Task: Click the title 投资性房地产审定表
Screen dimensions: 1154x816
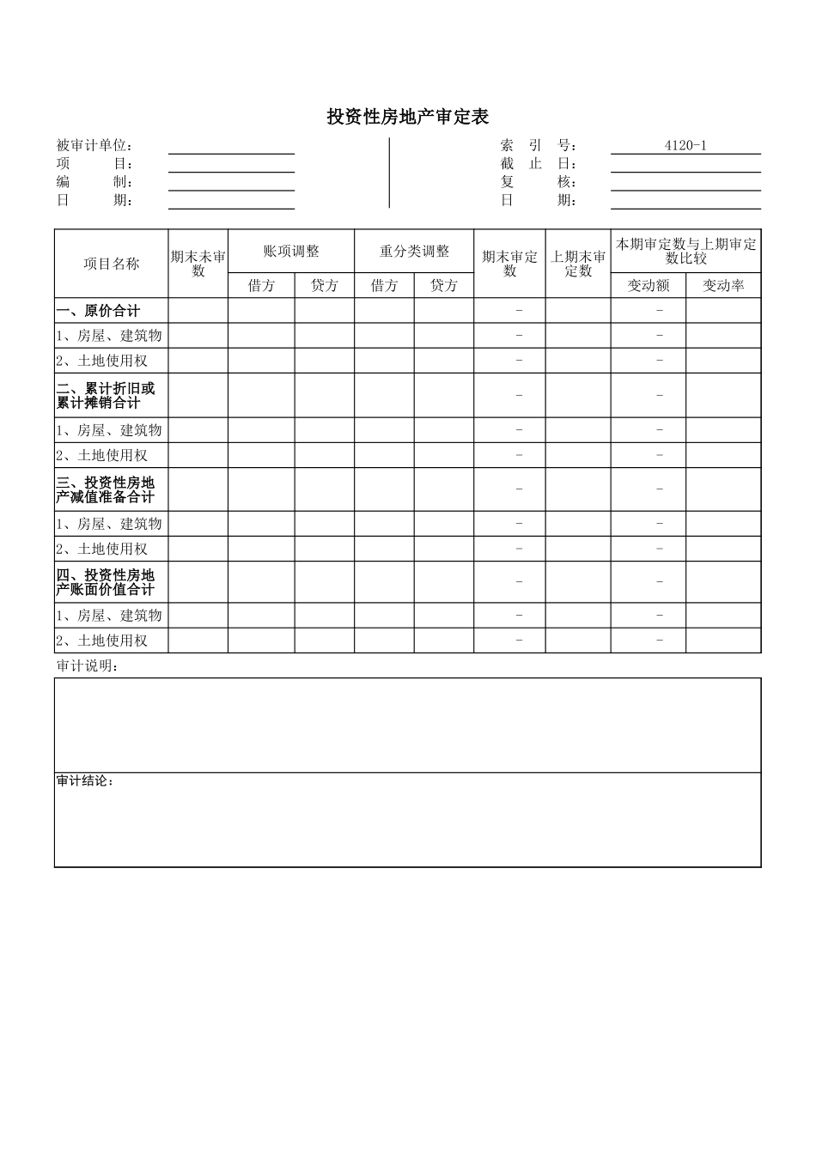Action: click(x=407, y=117)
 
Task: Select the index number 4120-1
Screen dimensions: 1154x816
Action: click(x=685, y=145)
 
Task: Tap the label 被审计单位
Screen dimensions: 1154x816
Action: click(x=95, y=146)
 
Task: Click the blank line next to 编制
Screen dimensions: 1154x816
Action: click(x=231, y=182)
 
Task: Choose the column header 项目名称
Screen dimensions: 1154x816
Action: click(x=111, y=264)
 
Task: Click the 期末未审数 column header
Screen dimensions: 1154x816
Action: click(x=198, y=264)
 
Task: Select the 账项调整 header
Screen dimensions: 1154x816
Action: click(x=291, y=252)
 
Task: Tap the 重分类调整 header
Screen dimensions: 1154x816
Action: click(x=414, y=252)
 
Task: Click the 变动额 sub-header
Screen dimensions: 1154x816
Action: click(x=648, y=286)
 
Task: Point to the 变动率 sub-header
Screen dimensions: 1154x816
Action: click(x=723, y=286)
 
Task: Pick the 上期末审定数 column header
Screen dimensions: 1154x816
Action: click(x=578, y=264)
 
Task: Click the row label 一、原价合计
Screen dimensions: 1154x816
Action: click(x=98, y=311)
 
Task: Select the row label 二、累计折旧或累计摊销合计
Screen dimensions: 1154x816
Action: click(x=106, y=395)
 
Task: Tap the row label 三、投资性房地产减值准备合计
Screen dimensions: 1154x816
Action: click(x=106, y=489)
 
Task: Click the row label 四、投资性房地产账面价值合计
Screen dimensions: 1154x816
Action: click(x=106, y=582)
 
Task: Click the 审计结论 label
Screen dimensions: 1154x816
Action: click(x=85, y=781)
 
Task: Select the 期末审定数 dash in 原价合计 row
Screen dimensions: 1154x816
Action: click(x=519, y=311)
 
